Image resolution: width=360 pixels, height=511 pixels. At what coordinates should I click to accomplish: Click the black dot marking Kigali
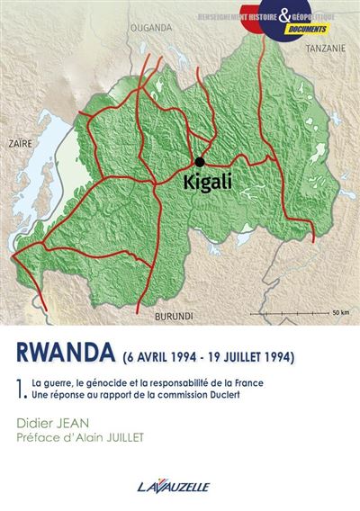198,162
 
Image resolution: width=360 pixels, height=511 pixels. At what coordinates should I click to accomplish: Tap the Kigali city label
209,181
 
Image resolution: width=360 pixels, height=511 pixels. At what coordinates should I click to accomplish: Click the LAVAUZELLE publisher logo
180,486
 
